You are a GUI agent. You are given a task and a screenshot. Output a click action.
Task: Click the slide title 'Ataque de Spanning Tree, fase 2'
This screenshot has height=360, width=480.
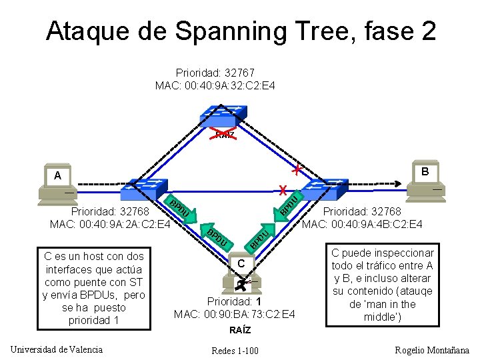241,31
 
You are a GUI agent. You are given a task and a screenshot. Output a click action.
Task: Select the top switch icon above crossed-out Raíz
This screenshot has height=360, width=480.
225,115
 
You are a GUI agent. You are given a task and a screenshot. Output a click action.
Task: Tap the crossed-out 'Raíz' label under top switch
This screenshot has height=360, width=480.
225,135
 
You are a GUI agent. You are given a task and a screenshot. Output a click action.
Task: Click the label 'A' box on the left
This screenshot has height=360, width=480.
57,175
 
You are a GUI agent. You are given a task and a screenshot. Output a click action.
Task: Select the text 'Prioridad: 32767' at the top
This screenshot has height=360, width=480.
215,73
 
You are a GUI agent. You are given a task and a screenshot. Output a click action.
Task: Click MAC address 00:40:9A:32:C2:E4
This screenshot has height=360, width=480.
215,85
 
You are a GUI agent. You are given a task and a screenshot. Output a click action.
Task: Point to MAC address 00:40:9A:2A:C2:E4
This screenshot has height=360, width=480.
110,224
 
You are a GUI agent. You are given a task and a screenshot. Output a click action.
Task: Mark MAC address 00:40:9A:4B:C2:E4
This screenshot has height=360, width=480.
362,224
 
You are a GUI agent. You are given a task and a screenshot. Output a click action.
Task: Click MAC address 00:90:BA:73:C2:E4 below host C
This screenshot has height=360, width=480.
235,314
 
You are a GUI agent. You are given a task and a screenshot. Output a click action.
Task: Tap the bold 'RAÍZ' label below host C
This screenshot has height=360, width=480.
240,330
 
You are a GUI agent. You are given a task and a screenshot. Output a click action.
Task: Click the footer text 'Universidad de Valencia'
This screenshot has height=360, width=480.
57,349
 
